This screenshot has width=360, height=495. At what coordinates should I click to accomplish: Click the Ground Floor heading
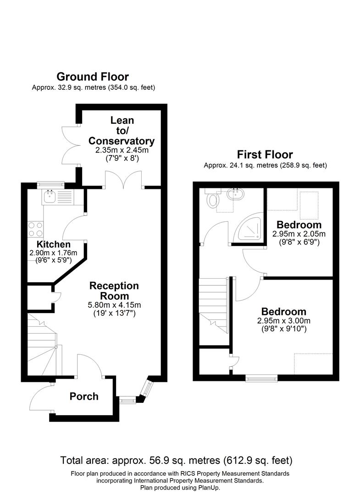coord(92,77)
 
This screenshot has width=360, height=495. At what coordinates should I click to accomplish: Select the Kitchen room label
coord(54,244)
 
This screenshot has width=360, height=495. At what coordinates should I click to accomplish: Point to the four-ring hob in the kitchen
coord(35,229)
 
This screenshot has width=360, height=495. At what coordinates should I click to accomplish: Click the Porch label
coord(84,396)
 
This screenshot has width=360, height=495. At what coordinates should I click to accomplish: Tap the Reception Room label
coord(114,291)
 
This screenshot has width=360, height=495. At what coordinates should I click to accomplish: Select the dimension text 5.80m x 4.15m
coord(114,305)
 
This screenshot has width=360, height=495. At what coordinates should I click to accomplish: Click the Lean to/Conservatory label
coord(122,130)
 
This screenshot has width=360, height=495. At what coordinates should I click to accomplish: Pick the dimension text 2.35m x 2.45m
coord(122,150)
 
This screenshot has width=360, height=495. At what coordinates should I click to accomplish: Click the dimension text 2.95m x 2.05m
coord(299,233)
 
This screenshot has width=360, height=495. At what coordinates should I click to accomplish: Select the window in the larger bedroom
coord(261,378)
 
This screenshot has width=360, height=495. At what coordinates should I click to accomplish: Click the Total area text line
coord(177,460)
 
